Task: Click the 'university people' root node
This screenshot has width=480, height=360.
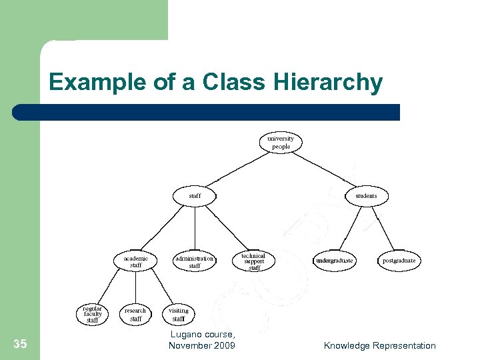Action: click(x=281, y=143)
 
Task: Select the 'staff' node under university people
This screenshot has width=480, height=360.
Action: click(x=195, y=196)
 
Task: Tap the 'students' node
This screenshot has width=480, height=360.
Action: click(x=366, y=196)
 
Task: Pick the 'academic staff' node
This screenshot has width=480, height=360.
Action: click(x=136, y=261)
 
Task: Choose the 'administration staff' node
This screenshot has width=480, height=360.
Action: click(x=195, y=261)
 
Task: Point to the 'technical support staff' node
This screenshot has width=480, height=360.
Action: click(x=254, y=261)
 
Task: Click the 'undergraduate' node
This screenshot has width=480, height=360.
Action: click(x=335, y=261)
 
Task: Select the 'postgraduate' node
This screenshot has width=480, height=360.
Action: click(x=399, y=261)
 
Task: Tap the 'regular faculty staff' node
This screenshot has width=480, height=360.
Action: click(x=93, y=314)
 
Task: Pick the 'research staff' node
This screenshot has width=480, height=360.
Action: click(x=136, y=314)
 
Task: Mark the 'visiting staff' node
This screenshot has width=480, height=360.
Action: click(x=179, y=314)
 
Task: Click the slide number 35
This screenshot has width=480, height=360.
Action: click(x=20, y=344)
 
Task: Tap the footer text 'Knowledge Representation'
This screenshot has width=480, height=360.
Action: click(x=379, y=345)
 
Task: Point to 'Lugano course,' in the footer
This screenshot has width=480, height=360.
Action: click(x=202, y=335)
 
